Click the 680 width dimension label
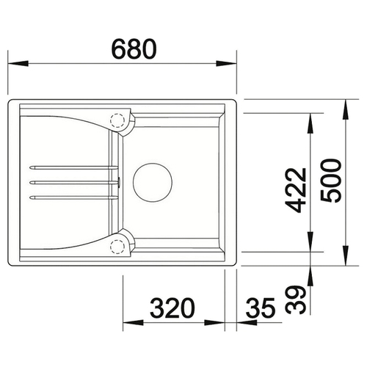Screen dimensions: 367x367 134,49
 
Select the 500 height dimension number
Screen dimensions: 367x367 331,181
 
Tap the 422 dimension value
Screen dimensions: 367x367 297,190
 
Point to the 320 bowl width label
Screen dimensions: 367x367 172,308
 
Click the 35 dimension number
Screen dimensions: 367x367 261,308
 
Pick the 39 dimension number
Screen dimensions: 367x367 296,300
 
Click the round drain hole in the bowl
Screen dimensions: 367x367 153,182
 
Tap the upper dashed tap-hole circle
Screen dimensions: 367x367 117,120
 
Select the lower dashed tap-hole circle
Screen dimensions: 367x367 117,247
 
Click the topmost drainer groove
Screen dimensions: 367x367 73,167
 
